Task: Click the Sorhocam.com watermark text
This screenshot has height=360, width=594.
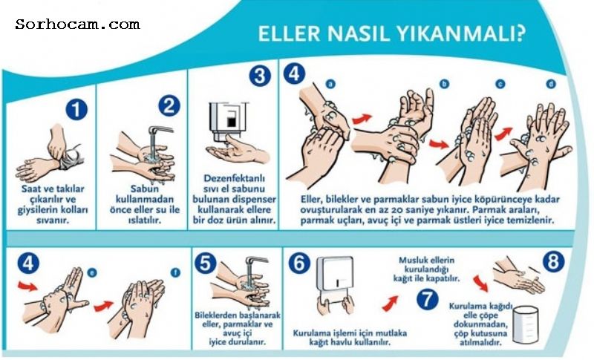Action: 78,24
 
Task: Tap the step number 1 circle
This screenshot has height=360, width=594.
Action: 76,110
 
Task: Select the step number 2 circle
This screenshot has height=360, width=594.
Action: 169,105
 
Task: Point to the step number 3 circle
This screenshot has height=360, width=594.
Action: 260,76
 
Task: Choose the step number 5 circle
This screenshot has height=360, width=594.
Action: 206,263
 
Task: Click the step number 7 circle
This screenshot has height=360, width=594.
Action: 428,299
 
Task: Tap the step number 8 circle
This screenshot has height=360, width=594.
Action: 553,261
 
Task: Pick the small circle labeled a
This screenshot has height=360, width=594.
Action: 330,84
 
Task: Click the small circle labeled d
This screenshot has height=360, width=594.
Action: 551,84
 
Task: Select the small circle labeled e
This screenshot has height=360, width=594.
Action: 91,272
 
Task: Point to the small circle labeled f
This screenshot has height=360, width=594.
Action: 175,272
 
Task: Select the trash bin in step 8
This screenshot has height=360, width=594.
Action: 525,324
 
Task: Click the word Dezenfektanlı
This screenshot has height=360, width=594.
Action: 234,178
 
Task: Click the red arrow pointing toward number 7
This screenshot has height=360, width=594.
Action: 390,304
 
